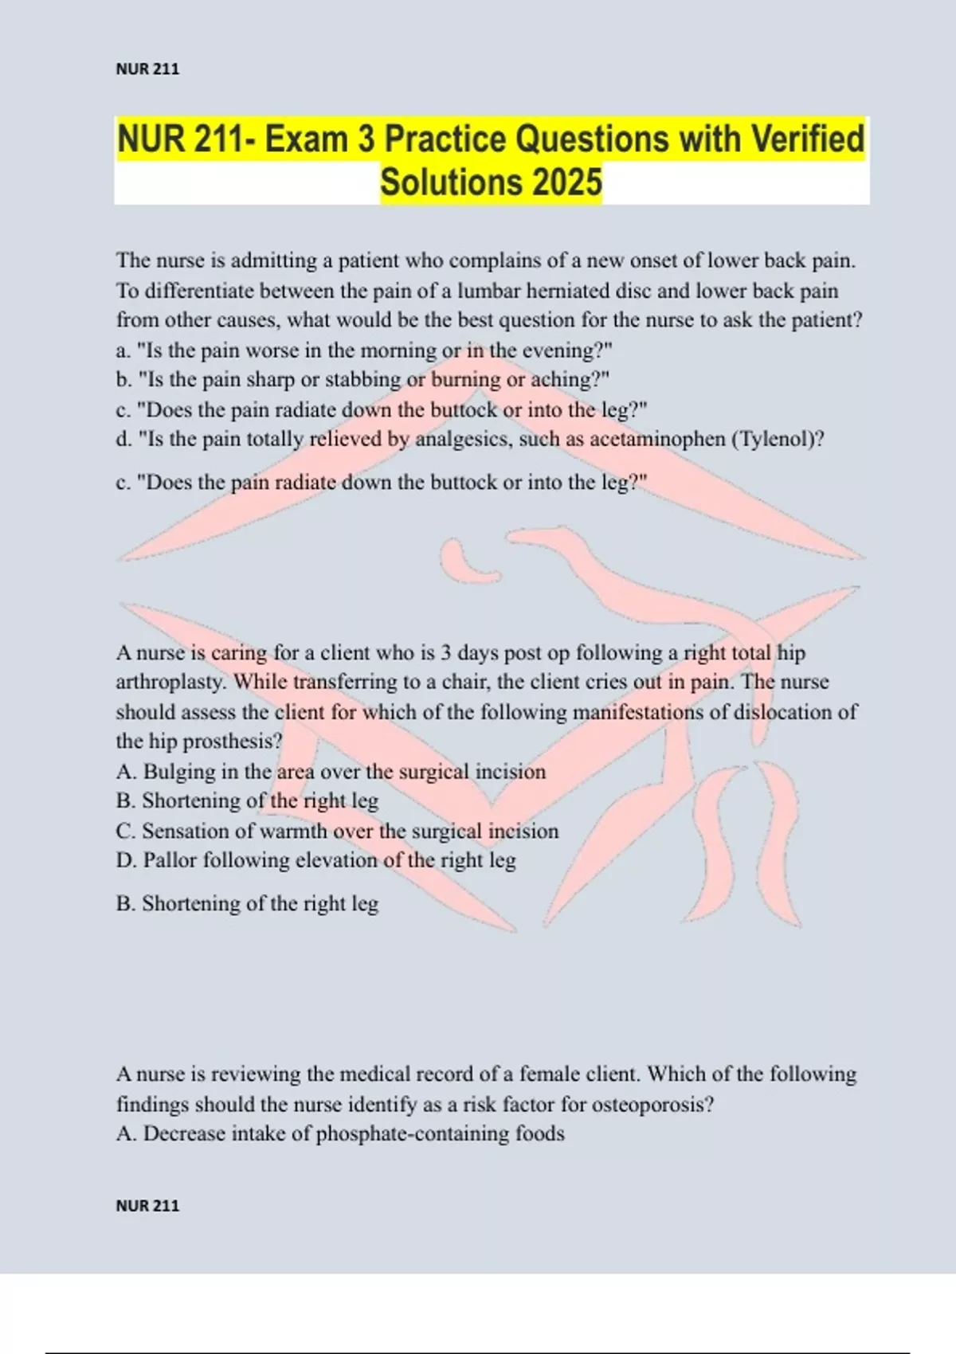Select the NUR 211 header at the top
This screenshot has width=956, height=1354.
pos(147,69)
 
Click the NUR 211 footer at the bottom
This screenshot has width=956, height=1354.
pos(147,1205)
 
